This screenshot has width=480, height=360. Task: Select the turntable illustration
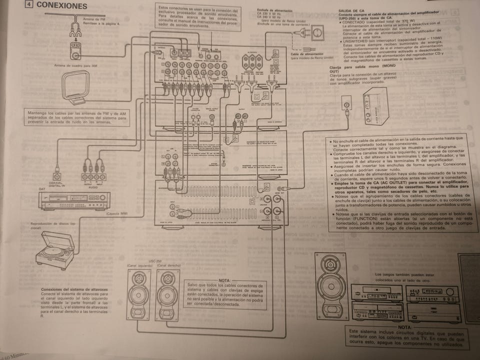coord(55,249)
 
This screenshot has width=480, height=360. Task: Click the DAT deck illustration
coord(74,200)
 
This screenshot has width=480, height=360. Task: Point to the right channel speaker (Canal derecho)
coord(166,295)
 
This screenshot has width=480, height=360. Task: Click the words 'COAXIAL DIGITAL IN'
coord(56,183)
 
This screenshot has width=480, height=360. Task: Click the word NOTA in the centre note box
coord(224,281)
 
